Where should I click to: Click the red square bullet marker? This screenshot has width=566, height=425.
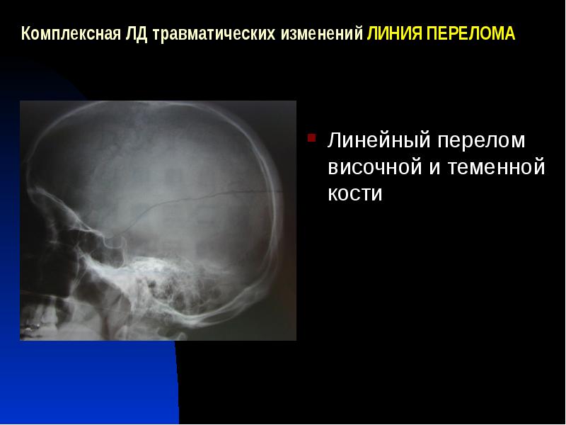(x=310, y=135)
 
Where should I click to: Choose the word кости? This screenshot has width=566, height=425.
(x=354, y=194)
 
